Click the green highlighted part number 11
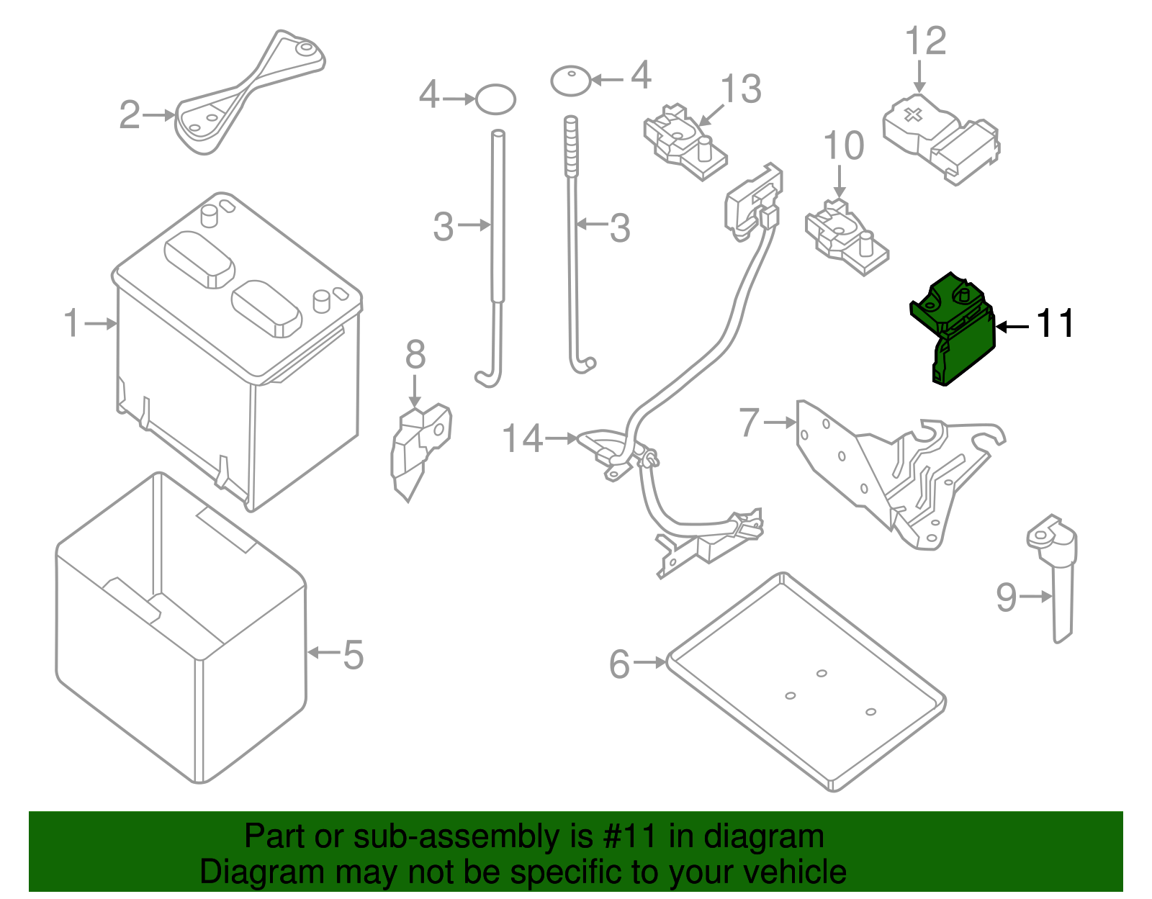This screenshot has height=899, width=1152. pos(954,327)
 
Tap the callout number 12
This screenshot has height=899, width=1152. pos(925,42)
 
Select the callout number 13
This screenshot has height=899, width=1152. pos(741,90)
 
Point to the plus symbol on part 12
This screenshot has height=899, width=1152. pos(912,114)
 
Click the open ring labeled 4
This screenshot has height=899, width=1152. pos(495,99)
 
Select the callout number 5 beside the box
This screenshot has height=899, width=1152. pos(353,654)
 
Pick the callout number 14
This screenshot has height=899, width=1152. pos(522,438)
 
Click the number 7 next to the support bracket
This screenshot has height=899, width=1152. pos(750,422)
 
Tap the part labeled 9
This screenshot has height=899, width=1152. pos(1057,576)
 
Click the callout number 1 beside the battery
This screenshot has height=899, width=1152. pos(71,323)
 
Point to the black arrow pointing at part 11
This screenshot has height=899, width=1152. pos(1013,326)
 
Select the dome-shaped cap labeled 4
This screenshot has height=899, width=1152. pos(571,80)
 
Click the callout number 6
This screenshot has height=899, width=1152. pos(619,664)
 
